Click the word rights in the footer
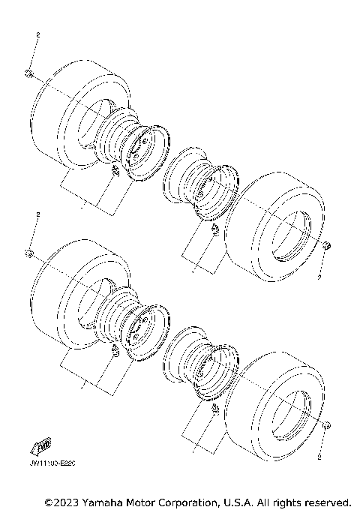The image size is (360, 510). pos(286,501)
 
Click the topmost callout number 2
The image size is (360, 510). pos(37,34)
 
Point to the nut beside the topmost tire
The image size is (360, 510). pos(28,73)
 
